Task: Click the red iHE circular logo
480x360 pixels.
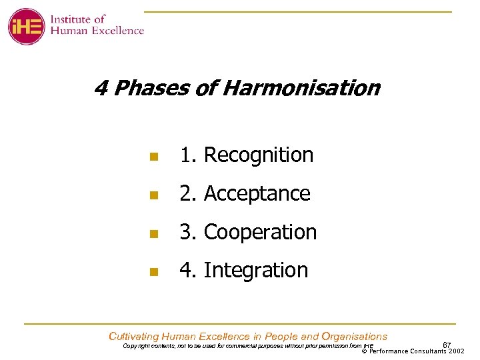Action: pyautogui.click(x=27, y=26)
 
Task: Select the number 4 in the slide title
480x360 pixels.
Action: pyautogui.click(x=101, y=88)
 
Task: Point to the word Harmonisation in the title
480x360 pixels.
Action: pyautogui.click(x=301, y=88)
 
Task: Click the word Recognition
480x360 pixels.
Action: pyautogui.click(x=258, y=155)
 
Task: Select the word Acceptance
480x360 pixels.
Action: pyautogui.click(x=257, y=194)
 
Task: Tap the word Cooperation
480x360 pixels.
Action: pyautogui.click(x=260, y=233)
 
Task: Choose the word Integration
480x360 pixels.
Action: pyautogui.click(x=255, y=271)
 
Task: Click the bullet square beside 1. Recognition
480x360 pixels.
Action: pyautogui.click(x=153, y=157)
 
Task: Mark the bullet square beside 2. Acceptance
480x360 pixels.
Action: pyautogui.click(x=153, y=196)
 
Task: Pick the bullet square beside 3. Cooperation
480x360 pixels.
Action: pyautogui.click(x=153, y=234)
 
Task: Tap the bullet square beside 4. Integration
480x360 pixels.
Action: pyautogui.click(x=153, y=272)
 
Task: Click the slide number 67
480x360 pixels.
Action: pyautogui.click(x=447, y=344)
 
